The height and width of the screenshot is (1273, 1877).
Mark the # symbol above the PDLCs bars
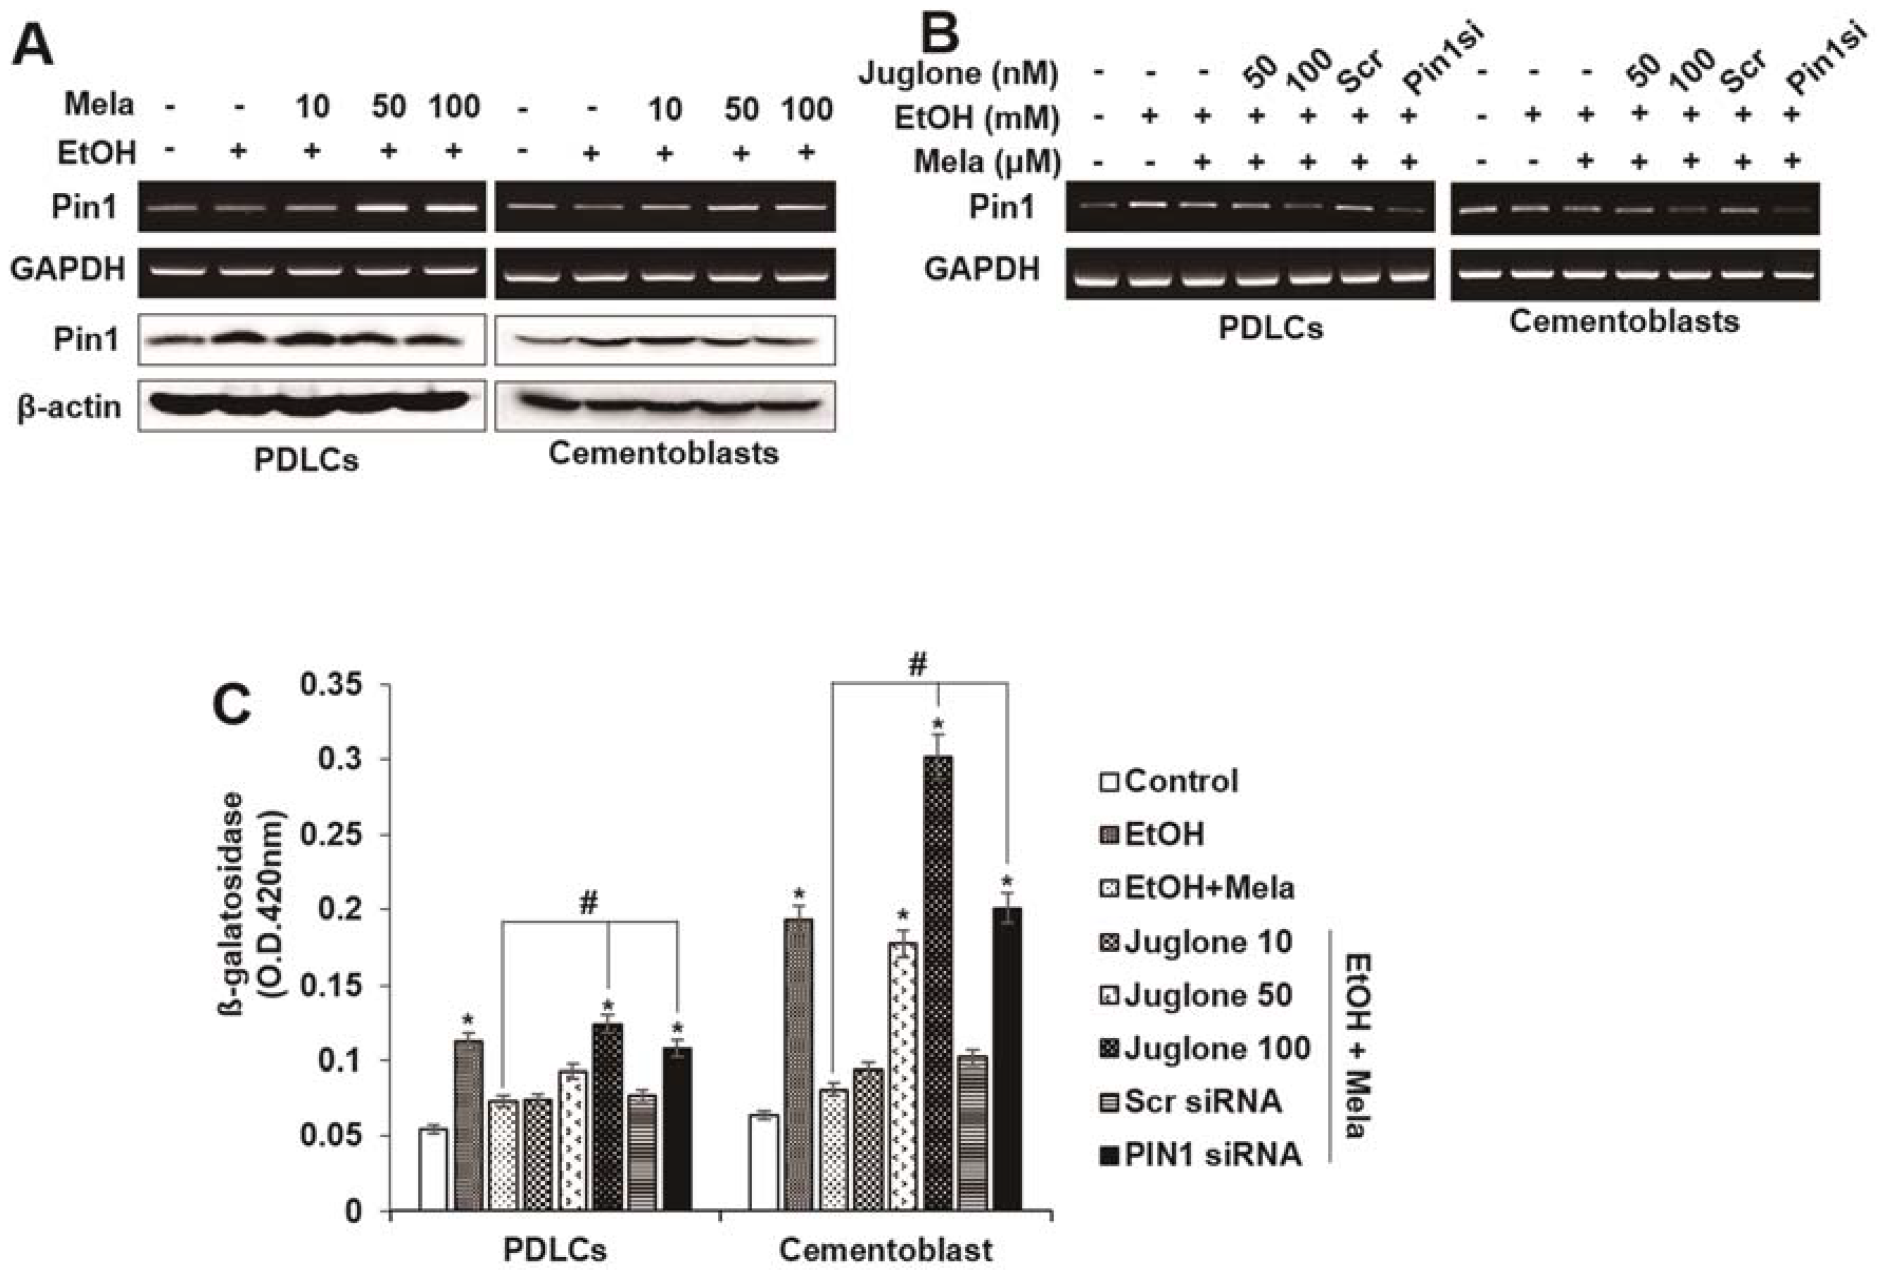coord(588,904)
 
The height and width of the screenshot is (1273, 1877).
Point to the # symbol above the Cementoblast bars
coord(917,665)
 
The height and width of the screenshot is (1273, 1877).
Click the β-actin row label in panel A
coord(69,406)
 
